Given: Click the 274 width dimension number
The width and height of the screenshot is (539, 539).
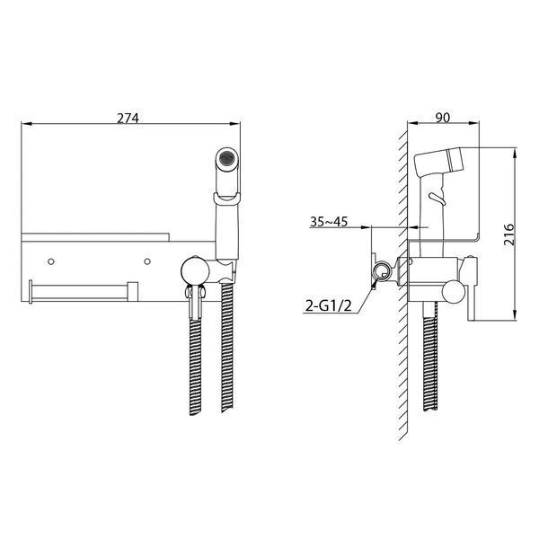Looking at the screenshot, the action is point(128,118).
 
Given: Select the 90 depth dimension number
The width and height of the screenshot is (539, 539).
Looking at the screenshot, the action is point(443,118).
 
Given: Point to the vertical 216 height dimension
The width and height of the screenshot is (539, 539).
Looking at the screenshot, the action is point(509,234).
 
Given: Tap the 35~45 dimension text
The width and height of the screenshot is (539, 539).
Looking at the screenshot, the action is point(329,222).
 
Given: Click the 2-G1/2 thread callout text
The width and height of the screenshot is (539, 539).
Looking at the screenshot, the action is point(329,305).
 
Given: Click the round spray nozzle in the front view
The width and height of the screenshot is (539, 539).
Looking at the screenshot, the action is point(227,158).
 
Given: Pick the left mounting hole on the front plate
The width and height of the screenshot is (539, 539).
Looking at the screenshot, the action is point(51,261).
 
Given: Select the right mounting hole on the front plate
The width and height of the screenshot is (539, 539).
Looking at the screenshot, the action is point(147,261).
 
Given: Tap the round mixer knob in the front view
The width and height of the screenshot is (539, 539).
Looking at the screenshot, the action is point(195,270).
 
